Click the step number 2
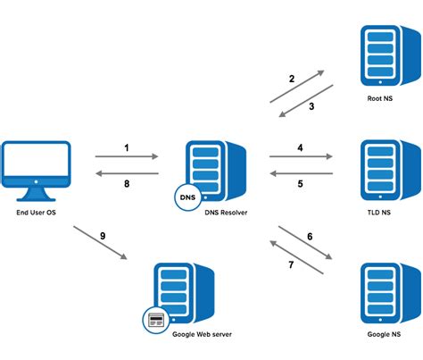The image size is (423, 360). click(x=291, y=79)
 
